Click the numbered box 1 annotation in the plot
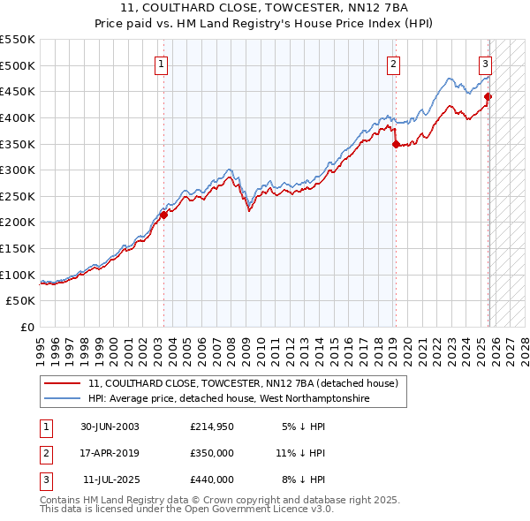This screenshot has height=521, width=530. coord(163,64)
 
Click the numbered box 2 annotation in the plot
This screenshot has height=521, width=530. coord(393,64)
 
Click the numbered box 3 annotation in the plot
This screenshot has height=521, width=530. coord(485,64)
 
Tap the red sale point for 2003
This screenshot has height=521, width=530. coord(163,215)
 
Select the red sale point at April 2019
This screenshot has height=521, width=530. coord(395,144)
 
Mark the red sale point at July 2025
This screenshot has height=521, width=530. coord(488,97)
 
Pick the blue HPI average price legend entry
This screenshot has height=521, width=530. coord(228,399)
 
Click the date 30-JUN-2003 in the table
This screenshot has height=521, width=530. coord(110,427)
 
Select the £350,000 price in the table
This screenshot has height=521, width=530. coord(212,453)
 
